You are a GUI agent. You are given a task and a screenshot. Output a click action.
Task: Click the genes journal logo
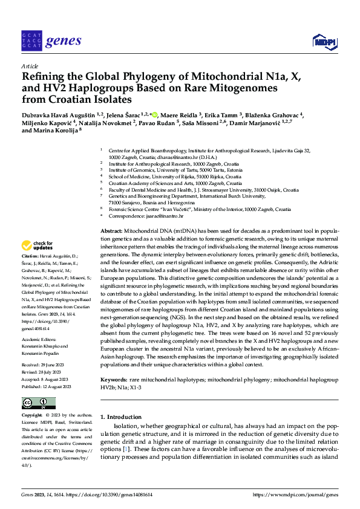coord(51,41)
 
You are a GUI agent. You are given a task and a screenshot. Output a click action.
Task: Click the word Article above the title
coord(30,65)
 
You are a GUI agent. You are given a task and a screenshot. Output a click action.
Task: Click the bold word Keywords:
coord(114,379)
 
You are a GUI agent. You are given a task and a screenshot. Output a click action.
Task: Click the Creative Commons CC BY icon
coord(38,403)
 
